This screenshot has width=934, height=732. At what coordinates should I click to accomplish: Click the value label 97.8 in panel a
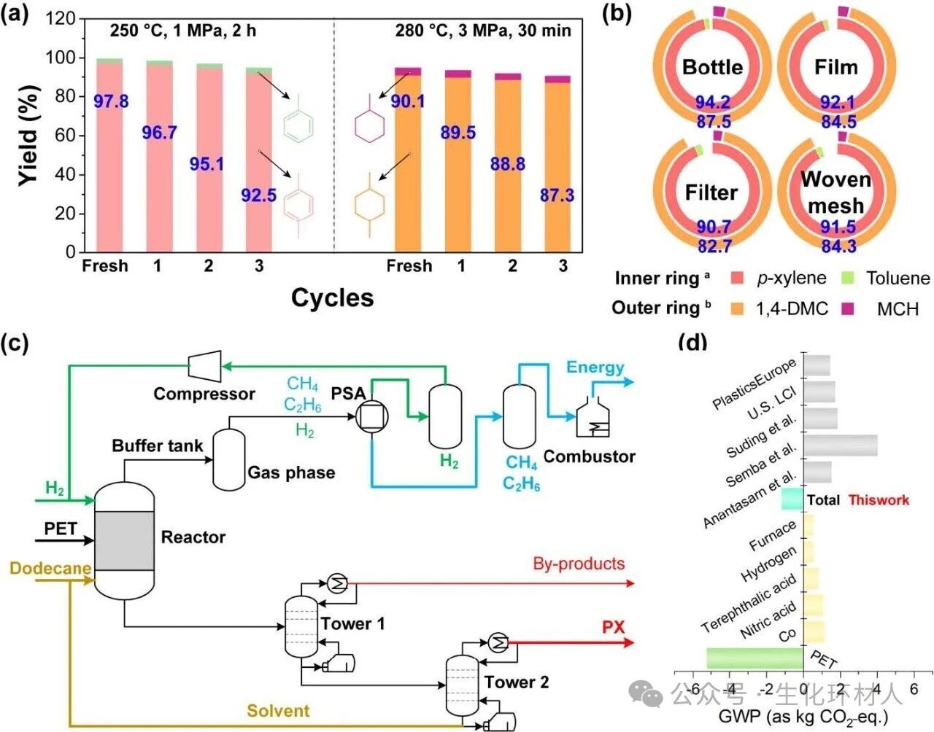click(x=111, y=101)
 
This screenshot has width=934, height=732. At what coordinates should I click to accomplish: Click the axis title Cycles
click(x=332, y=297)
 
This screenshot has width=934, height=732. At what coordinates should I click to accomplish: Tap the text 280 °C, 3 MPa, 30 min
click(x=483, y=31)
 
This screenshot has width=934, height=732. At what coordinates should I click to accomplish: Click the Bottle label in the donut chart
click(x=712, y=67)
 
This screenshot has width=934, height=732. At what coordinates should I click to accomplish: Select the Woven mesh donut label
click(x=835, y=192)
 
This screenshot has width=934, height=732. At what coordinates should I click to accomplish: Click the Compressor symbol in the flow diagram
click(x=205, y=364)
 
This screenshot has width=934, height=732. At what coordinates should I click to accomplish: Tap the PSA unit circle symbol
click(x=372, y=416)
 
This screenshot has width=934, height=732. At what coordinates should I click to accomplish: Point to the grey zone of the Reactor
click(x=124, y=540)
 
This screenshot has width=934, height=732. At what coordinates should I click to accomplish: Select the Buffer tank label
click(x=157, y=445)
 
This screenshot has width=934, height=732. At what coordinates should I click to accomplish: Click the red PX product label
click(x=613, y=627)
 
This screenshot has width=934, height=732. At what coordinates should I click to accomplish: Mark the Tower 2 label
click(x=517, y=682)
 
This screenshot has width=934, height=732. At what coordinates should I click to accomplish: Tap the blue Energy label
click(x=595, y=367)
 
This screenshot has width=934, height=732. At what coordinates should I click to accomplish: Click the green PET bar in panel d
click(x=754, y=658)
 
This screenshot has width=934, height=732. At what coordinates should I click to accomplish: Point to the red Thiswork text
click(x=879, y=500)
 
